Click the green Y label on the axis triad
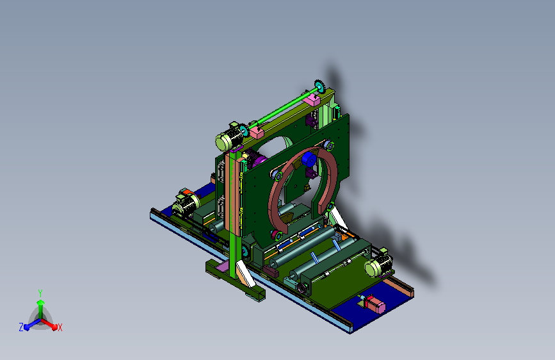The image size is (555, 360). (x=40, y=293)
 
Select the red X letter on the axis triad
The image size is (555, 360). (x=60, y=328)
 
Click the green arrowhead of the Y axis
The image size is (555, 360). (x=41, y=303)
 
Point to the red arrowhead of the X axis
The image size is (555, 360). (x=54, y=327)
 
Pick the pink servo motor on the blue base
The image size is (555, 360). (x=374, y=304)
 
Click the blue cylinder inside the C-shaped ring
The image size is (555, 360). (x=309, y=159)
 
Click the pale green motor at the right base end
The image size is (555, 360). (x=378, y=265)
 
